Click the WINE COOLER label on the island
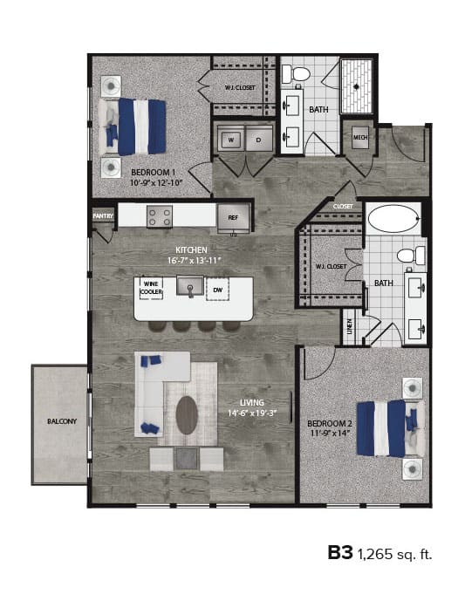tap(151, 287)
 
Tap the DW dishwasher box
tap(217, 288)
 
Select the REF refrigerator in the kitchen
tap(233, 216)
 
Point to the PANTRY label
tap(103, 215)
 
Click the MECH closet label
tap(360, 139)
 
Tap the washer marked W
tap(231, 140)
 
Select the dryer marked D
tap(258, 140)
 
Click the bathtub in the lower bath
tap(393, 218)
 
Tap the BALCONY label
tap(62, 422)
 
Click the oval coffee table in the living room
tap(188, 414)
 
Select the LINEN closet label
tap(351, 324)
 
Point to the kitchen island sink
tap(189, 286)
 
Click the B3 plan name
tap(339, 552)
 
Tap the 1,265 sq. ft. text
tap(393, 553)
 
